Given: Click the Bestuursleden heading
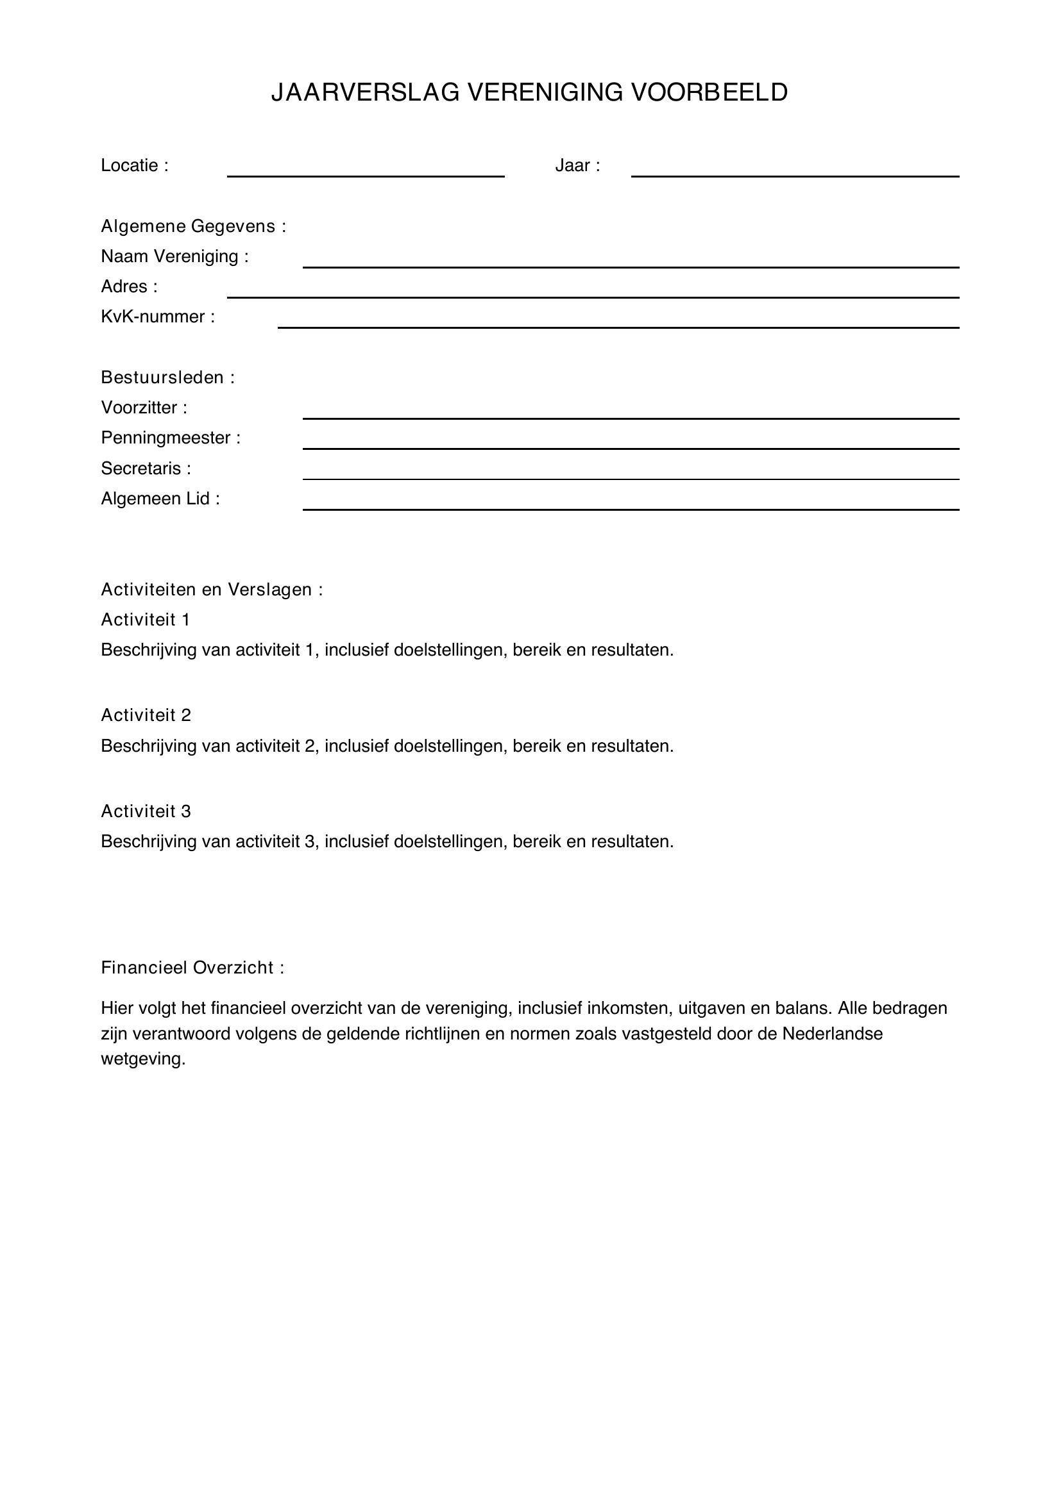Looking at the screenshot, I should pos(168,377).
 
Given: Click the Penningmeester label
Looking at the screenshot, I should pos(171,438).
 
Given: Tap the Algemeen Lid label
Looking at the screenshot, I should pos(161,499).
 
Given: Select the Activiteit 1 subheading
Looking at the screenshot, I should pos(146,620).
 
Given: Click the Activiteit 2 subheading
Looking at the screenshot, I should pos(146,716).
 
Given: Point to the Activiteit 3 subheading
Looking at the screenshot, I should pos(146,811).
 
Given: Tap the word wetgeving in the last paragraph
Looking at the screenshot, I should pos(143,1059).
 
